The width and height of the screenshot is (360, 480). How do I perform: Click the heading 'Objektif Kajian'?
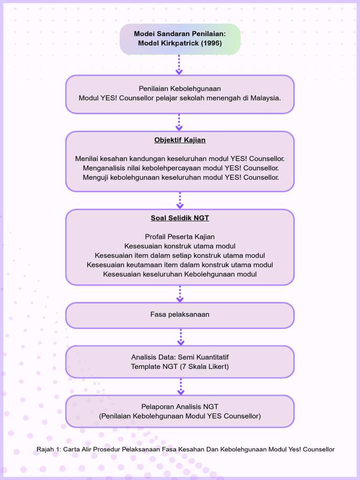[x=180, y=140]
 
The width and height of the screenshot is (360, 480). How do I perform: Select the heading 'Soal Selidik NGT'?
[x=180, y=218]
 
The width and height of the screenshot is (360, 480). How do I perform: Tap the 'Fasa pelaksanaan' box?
[x=180, y=315]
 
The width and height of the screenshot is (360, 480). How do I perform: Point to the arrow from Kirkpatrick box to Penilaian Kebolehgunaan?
[x=179, y=65]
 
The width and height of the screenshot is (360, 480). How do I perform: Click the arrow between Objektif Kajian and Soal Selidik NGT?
[x=180, y=200]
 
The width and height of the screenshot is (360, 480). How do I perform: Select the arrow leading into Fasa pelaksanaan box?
[x=180, y=294]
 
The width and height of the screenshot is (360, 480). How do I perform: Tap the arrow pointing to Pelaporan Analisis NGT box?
[x=180, y=387]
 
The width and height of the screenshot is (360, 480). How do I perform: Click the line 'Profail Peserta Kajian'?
[x=180, y=237]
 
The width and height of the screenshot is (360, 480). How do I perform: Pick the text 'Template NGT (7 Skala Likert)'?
[x=180, y=367]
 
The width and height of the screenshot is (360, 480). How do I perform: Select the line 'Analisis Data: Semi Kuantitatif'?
[x=180, y=357]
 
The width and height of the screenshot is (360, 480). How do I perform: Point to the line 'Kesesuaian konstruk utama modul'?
[x=180, y=246]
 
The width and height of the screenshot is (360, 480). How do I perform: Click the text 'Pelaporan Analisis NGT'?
[x=180, y=406]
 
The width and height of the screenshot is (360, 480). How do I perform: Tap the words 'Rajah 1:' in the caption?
[x=49, y=450]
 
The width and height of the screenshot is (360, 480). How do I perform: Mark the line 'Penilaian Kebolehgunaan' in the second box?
[x=180, y=89]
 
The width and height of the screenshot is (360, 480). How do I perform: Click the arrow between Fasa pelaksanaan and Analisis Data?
[x=180, y=337]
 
